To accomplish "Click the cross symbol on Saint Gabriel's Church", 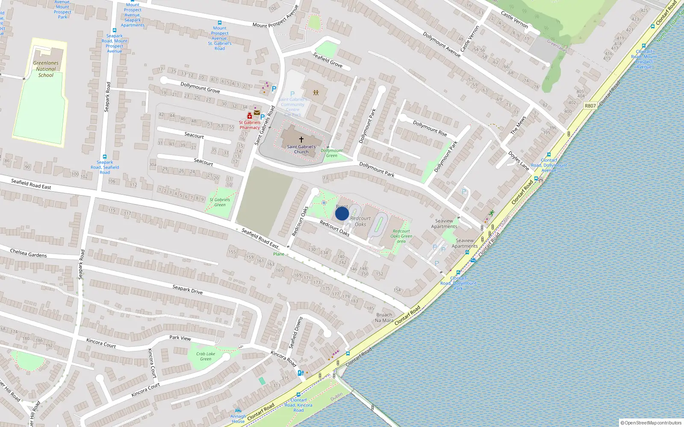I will coord(301,140).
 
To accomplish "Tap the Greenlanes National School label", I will coord(46,69).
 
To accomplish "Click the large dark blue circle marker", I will coord(342,213).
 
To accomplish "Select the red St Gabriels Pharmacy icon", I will coord(250,116).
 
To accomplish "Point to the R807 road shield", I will coord(590,105).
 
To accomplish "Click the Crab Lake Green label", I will coord(206,356).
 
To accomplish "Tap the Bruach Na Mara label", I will coord(384,318).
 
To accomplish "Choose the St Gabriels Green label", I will coord(220,202).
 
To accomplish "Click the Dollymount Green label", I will coord(332,153).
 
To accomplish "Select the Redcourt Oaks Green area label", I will coord(401,236).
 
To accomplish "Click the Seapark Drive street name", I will coord(188,290).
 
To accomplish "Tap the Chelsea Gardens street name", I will coord(29,253).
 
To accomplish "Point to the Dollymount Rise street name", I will coord(430,128).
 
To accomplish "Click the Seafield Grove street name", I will coord(327,60).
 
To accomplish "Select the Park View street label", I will coord(180,338).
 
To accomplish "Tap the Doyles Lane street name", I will coord(519,161).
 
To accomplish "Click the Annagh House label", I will coord(238,419).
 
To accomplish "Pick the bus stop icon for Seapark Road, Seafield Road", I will coord(105,157).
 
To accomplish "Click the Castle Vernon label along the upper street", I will coord(514,19).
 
